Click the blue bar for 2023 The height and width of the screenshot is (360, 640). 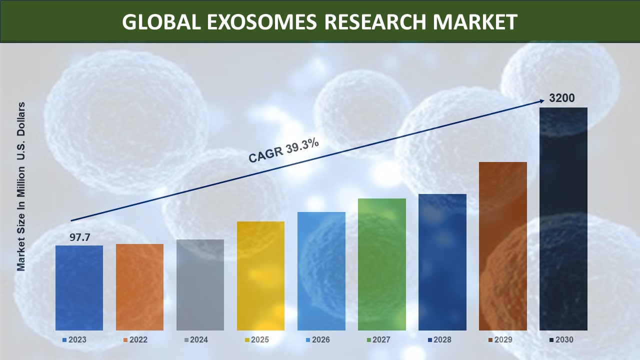79,288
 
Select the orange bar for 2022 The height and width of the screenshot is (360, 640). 139,287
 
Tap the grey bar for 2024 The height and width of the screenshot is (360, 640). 200,285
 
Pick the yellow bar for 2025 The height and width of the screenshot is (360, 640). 260,276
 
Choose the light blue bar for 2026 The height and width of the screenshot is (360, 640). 321,271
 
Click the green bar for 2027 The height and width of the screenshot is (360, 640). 382,264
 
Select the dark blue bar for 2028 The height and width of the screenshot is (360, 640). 442,262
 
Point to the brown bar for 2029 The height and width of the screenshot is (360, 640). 503,246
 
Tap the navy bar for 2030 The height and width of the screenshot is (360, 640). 563,219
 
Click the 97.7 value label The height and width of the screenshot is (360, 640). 79,237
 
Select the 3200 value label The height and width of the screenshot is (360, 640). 561,98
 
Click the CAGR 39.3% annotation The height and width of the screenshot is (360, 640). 283,151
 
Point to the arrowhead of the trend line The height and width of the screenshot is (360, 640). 543,100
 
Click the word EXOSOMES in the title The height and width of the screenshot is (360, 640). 261,22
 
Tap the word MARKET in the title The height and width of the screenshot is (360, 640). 475,22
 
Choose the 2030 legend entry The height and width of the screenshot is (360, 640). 561,339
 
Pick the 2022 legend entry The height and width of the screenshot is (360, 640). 135,339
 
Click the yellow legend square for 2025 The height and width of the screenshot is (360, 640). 247,340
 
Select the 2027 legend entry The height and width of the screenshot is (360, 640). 378,339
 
